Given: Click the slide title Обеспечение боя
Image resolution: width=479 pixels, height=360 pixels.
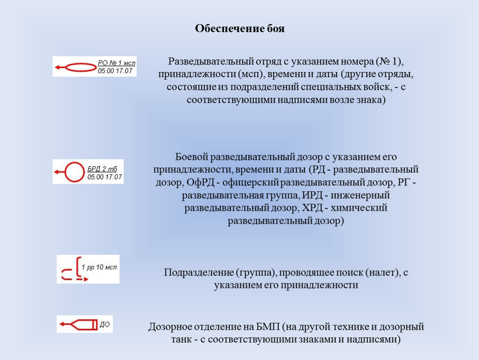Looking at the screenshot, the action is click(240, 28).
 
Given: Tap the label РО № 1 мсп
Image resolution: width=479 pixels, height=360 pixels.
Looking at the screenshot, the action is click(116, 62).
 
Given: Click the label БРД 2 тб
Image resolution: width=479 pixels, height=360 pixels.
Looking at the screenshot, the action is click(102, 169).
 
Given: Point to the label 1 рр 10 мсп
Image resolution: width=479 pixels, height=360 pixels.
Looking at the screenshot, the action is click(99, 267).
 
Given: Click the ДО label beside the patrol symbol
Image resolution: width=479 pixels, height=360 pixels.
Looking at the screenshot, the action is click(105, 325).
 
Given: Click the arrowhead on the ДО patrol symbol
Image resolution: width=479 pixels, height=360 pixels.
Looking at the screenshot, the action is click(62, 324).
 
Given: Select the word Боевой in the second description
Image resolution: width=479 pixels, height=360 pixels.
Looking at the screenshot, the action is click(192, 157).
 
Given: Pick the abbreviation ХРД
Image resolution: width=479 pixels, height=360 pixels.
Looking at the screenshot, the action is click(312, 208).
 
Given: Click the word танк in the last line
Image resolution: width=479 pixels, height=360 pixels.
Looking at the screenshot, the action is click(182, 340).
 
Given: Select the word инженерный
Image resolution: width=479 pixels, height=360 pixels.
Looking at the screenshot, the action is click(360, 195).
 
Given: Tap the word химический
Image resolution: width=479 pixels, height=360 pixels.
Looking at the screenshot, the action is click(359, 208).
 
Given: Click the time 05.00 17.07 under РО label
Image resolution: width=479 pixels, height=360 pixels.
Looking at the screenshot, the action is click(115, 71).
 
